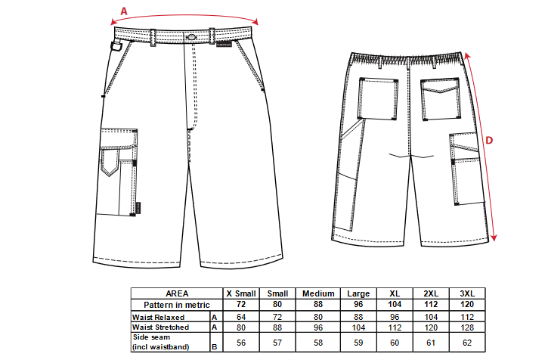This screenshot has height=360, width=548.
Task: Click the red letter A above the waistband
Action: click(x=124, y=11)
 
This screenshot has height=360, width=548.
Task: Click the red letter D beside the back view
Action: click(x=489, y=141)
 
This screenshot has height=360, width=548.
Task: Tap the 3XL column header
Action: click(x=467, y=293)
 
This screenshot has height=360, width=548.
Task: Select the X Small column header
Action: click(x=241, y=293)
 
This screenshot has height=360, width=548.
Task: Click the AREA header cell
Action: click(x=177, y=293)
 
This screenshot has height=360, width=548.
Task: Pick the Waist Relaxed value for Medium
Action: click(x=318, y=317)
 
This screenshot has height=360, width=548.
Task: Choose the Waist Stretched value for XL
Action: click(x=395, y=327)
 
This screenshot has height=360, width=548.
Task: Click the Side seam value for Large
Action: click(x=358, y=343)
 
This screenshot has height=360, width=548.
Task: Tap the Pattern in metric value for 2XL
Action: click(x=431, y=304)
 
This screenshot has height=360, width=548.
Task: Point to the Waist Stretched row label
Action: click(x=160, y=327)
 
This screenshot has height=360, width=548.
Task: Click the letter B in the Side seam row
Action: click(x=214, y=347)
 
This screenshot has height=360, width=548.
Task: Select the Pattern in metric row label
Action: click(x=176, y=305)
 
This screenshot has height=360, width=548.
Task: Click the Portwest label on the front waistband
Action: click(x=224, y=45)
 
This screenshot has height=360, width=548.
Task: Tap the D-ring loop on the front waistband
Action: click(x=116, y=46)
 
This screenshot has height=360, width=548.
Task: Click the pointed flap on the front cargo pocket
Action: click(x=110, y=162)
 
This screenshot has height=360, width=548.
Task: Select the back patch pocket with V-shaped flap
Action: click(x=440, y=99)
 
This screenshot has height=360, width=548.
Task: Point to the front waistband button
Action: click(x=191, y=36)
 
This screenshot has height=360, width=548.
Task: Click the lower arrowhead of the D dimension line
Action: click(x=493, y=237)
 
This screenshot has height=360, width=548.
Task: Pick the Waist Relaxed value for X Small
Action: click(x=241, y=317)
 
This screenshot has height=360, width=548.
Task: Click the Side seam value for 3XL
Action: click(x=467, y=343)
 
